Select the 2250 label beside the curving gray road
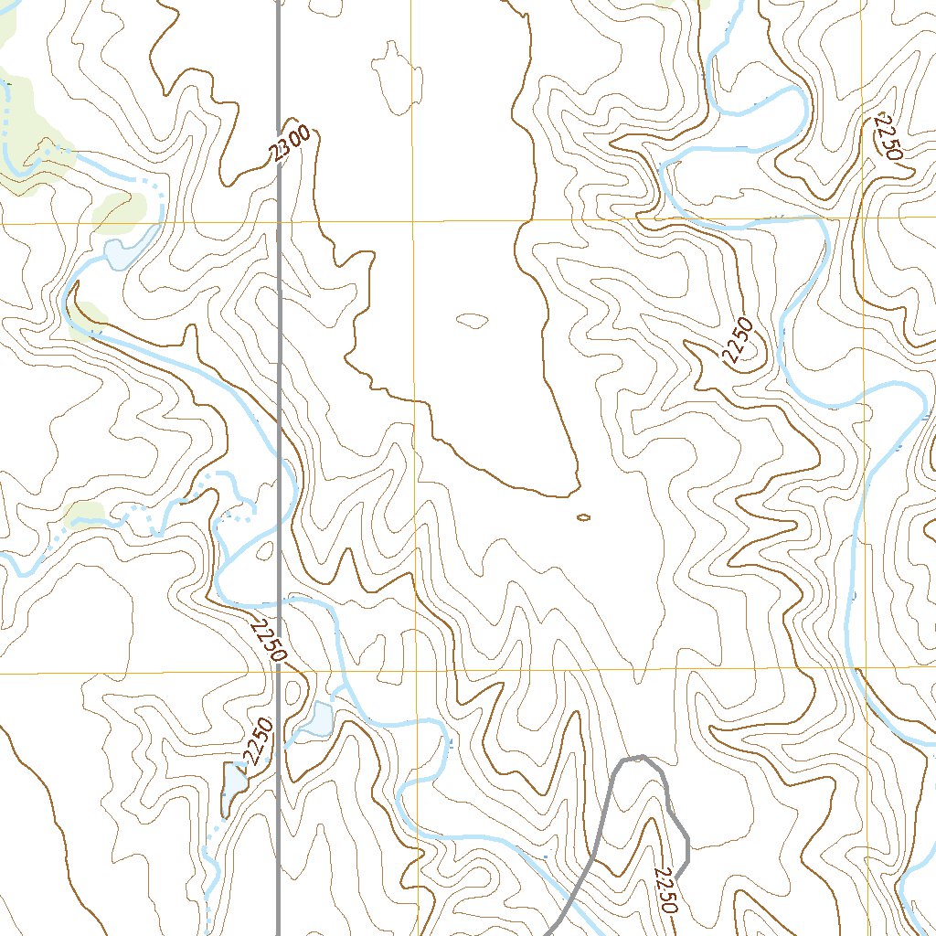(667, 890)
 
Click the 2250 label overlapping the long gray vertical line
(268, 641)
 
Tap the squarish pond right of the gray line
(320, 720)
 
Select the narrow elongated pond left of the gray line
(234, 785)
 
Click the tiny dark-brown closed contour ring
(583, 517)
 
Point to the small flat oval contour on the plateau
(472, 320)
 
